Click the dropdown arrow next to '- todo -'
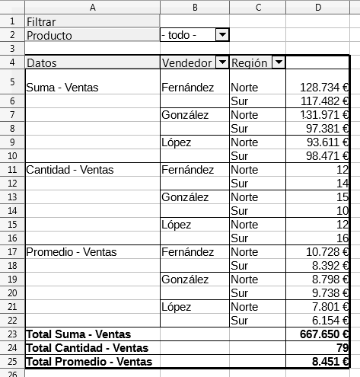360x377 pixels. pos(221,35)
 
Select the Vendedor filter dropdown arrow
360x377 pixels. pos(221,62)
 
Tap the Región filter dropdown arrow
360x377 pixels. pos(278,62)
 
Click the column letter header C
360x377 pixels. pos(258,7)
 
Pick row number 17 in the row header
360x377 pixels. pos(11,251)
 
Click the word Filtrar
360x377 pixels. pos(42,21)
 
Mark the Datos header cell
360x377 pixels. pos(42,62)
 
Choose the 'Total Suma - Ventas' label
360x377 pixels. pos(78,334)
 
